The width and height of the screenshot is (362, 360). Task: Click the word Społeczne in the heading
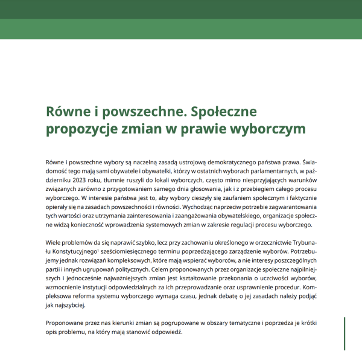coord(224,112)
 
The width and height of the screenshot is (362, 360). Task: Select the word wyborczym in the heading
coord(271,129)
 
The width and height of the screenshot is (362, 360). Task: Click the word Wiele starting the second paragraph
coord(54,242)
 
